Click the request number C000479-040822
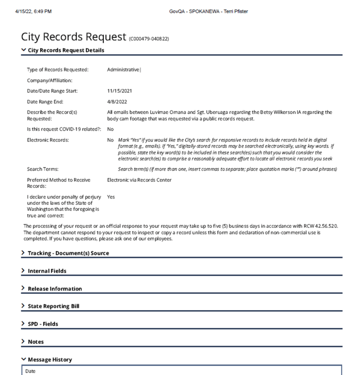click(149, 39)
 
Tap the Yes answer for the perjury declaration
click(111, 197)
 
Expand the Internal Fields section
click(47, 271)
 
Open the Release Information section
click(55, 289)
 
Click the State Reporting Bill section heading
click(53, 306)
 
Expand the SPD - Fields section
click(43, 324)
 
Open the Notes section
click(35, 342)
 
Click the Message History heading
click(49, 360)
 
